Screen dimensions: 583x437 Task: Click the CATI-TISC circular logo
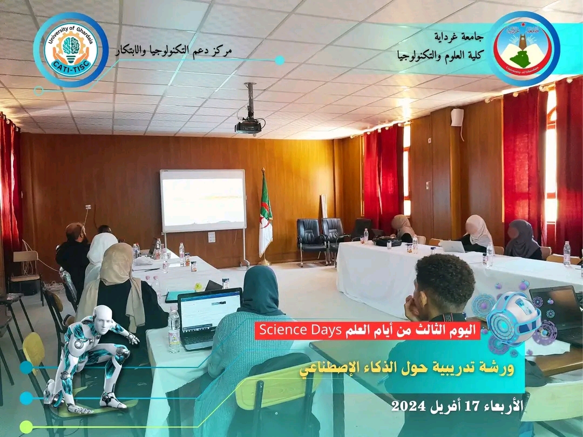pyautogui.click(x=71, y=50)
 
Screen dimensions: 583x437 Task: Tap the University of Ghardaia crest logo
pyautogui.click(x=524, y=49)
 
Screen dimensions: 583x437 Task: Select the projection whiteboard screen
pyautogui.click(x=203, y=200)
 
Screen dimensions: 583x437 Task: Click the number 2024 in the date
pyautogui.click(x=408, y=406)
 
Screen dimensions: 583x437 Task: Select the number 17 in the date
pyautogui.click(x=464, y=406)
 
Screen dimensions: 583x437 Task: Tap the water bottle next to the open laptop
pyautogui.click(x=174, y=330)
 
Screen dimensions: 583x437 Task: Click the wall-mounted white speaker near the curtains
pyautogui.click(x=457, y=118)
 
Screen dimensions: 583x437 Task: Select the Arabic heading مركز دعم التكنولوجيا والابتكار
pyautogui.click(x=173, y=51)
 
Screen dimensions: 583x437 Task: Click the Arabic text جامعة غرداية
pyautogui.click(x=459, y=37)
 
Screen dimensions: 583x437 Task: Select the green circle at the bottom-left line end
pyautogui.click(x=26, y=427)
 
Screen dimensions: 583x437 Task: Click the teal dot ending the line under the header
pyautogui.click(x=280, y=60)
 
